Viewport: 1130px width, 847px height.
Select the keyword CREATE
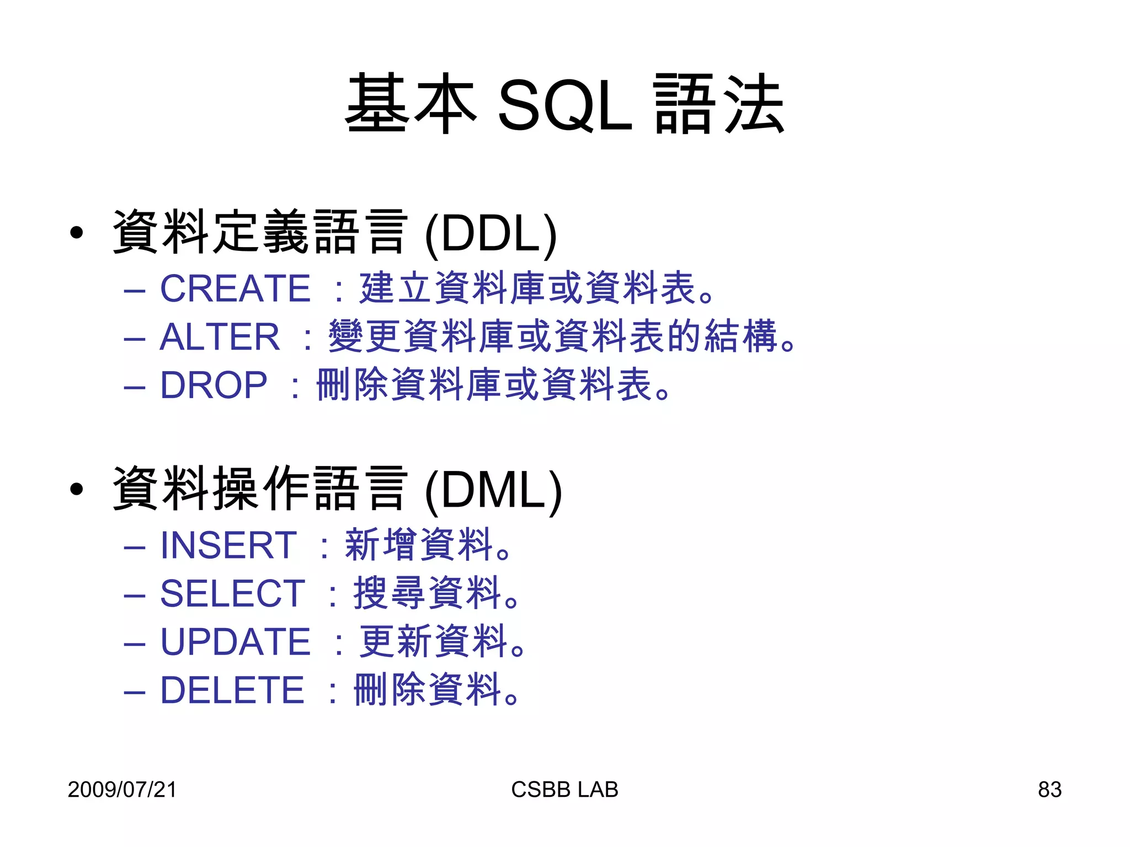[x=235, y=288]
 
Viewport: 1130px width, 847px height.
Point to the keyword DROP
[x=214, y=385]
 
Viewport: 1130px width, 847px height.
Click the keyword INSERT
[x=228, y=545]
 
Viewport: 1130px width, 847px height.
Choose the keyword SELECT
[x=232, y=593]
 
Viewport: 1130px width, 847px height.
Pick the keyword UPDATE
[x=235, y=642]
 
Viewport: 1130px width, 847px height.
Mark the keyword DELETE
[x=232, y=690]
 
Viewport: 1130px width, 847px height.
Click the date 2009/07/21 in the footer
[x=122, y=790]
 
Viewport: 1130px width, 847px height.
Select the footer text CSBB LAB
[x=564, y=790]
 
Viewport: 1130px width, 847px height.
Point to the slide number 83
[x=1049, y=790]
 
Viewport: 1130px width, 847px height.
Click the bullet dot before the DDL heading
[x=77, y=233]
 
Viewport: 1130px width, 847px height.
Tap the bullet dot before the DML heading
[x=77, y=489]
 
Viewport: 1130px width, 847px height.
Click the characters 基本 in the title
[x=411, y=104]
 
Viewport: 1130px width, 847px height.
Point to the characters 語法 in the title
[x=718, y=104]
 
